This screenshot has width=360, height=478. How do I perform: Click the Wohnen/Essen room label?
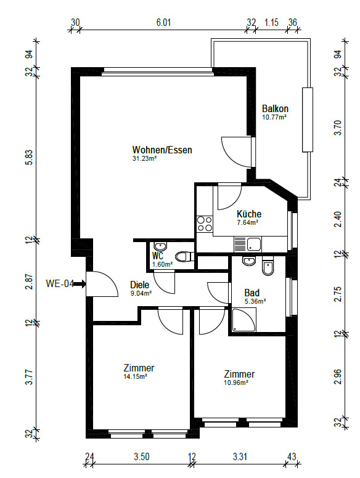coord(162,150)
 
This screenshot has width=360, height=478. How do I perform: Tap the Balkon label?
coord(275,108)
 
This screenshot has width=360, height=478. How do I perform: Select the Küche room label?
coord(249,214)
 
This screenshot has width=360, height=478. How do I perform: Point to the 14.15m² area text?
coord(135,376)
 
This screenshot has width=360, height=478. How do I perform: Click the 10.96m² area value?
coord(236,383)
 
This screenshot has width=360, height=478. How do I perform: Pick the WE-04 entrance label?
coord(60,283)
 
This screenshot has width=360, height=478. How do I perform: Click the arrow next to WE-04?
coord(80,284)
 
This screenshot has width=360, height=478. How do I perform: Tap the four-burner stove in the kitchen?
coord(205,224)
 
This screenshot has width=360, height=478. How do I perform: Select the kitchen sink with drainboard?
coord(247,244)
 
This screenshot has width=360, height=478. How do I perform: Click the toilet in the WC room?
coord(185,256)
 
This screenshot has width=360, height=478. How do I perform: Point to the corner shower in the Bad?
coord(243,320)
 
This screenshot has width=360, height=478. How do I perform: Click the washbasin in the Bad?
coord(249,261)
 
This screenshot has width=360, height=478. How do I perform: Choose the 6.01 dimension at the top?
coord(163,23)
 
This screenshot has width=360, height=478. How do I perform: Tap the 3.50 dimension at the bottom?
coord(142,456)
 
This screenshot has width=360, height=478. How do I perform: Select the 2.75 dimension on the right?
coord(338,294)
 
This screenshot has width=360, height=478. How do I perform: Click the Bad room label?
coord(252,293)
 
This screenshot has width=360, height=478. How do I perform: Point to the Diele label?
coord(140,285)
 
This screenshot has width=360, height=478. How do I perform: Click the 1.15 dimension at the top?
coord(271,23)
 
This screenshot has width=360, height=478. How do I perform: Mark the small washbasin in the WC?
coord(160,245)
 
